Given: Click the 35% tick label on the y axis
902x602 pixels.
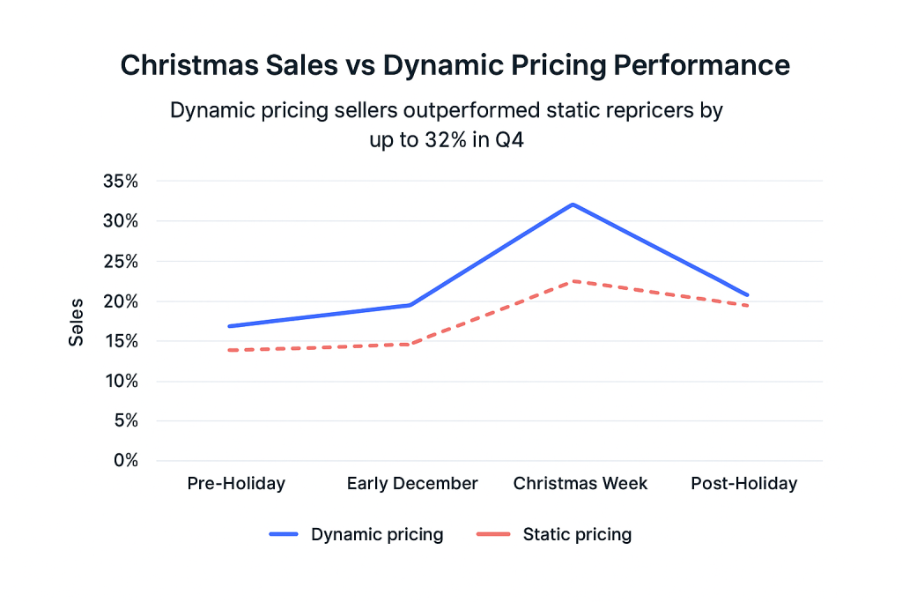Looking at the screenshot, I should pyautogui.click(x=121, y=182).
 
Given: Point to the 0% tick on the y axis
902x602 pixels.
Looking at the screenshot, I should pyautogui.click(x=126, y=461).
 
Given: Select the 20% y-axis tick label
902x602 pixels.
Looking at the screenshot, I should pyautogui.click(x=121, y=301).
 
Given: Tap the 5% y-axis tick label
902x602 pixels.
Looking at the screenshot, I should pyautogui.click(x=126, y=421).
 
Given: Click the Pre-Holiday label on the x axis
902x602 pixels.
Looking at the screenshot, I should pyautogui.click(x=236, y=484).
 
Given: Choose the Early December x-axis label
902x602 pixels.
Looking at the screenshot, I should pyautogui.click(x=411, y=484).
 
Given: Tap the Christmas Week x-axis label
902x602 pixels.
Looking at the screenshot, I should pyautogui.click(x=580, y=484).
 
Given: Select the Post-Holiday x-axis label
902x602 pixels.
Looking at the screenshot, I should pyautogui.click(x=743, y=484).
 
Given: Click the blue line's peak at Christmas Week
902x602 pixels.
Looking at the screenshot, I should pyautogui.click(x=573, y=204).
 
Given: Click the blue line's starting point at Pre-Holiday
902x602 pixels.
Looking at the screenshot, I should pyautogui.click(x=229, y=326).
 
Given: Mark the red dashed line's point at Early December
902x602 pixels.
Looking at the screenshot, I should pyautogui.click(x=409, y=344).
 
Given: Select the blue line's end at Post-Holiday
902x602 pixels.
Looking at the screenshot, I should pyautogui.click(x=748, y=294).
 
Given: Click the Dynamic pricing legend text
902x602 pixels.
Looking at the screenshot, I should pyautogui.click(x=376, y=535).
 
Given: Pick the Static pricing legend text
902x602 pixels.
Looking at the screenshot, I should pyautogui.click(x=577, y=535).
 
